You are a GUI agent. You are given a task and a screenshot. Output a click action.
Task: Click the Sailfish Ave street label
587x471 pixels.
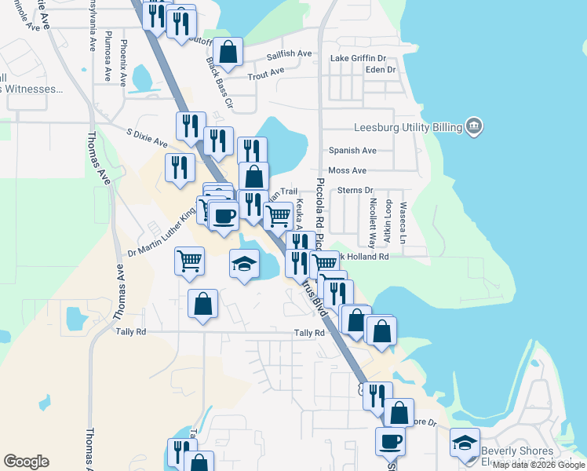(x=289, y=54)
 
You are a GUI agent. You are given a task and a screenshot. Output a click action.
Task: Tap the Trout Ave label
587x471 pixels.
(x=265, y=75)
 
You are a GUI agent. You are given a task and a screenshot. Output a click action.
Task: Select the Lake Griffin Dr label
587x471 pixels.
(x=358, y=59)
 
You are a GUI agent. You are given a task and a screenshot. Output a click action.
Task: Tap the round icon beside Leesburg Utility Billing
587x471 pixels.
(x=473, y=126)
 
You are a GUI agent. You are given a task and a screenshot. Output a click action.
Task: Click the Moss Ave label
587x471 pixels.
(x=348, y=170)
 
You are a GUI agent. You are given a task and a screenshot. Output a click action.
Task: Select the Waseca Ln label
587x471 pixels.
(x=403, y=223)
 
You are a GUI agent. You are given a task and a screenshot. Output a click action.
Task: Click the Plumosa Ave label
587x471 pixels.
(x=108, y=57)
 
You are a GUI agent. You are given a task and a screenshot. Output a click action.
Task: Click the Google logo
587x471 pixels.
(x=26, y=462)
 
